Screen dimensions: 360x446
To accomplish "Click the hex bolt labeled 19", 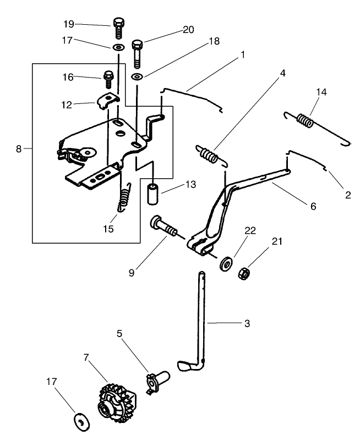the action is (x=119, y=28).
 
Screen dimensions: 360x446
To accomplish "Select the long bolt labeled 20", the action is (x=137, y=54).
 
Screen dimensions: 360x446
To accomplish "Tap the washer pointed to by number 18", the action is (x=137, y=76).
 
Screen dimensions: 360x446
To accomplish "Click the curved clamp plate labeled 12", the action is (x=107, y=100).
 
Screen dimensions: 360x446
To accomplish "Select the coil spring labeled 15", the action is (x=124, y=197).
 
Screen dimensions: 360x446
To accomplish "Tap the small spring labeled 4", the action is (x=211, y=156).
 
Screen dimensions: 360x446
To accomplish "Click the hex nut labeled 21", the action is (x=244, y=274).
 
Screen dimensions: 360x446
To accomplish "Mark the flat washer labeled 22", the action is (x=226, y=264).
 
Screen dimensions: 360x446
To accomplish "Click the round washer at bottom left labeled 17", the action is (x=81, y=422).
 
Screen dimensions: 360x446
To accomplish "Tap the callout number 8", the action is (x=19, y=149).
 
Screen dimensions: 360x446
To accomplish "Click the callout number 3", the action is (x=247, y=323).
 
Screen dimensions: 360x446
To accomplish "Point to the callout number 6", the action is (x=313, y=206).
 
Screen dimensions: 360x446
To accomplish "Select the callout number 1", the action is (x=243, y=54).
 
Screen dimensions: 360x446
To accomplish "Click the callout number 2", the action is (x=348, y=195).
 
